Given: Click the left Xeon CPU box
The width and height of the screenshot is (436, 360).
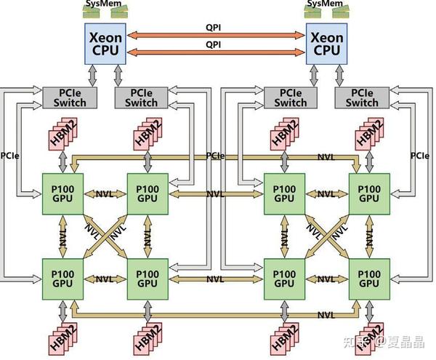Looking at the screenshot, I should click(x=105, y=43).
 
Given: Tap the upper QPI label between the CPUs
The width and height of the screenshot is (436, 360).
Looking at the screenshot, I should click(x=214, y=28).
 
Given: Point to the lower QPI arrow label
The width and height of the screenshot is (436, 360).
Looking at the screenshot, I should click(x=214, y=44).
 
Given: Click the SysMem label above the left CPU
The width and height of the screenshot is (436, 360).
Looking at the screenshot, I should click(x=105, y=4).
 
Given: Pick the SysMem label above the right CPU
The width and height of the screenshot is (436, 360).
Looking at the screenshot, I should click(x=325, y=4).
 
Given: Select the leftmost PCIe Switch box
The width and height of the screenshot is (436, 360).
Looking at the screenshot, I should click(x=65, y=97).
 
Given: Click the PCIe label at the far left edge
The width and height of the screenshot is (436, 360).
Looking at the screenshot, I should click(x=10, y=156).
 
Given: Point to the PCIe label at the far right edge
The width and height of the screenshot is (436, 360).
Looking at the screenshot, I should click(x=419, y=156).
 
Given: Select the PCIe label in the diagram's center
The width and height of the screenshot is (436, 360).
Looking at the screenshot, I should click(x=215, y=156).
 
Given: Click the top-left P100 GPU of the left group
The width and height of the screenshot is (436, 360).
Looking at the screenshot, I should click(x=64, y=193).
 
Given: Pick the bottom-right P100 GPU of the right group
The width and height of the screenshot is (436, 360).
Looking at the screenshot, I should click(x=369, y=279).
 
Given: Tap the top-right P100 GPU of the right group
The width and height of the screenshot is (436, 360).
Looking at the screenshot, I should click(x=369, y=193).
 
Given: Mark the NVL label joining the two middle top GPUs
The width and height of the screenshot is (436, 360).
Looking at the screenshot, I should click(x=215, y=194).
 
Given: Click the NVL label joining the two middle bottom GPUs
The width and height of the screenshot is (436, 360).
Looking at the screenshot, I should click(x=215, y=279).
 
